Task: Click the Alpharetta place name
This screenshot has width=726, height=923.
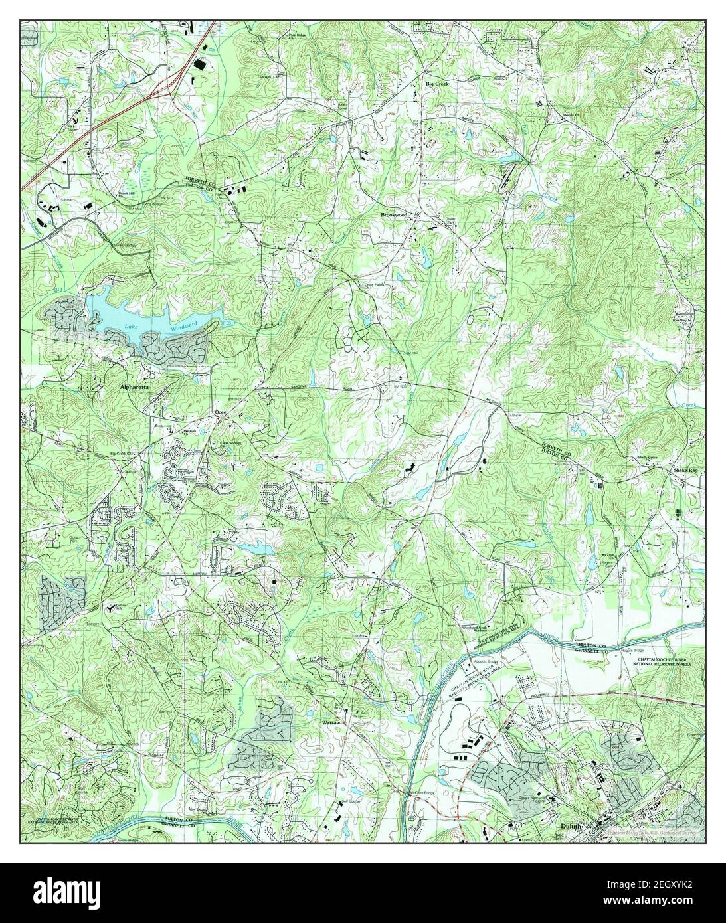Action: pos(136,385)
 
